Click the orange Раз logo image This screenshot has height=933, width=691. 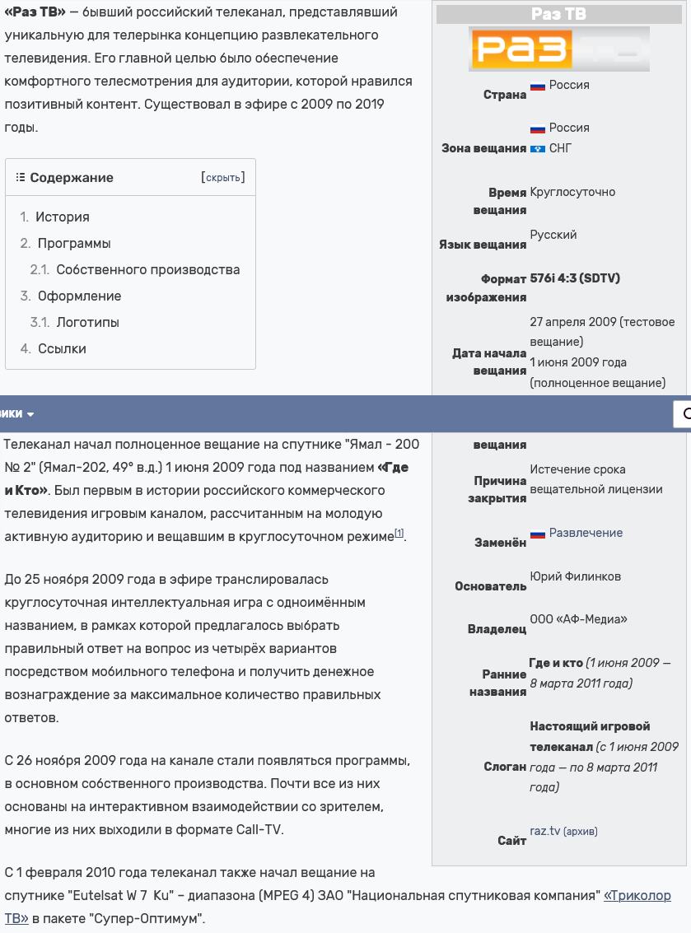coord(559,49)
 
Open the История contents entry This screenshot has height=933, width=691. coord(63,217)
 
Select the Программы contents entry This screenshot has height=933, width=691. coord(74,244)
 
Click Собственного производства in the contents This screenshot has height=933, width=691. coord(148,270)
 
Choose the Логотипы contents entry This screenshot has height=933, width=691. coord(88,323)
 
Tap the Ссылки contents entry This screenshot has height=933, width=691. coord(62,349)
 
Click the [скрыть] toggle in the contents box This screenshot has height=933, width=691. coord(222,178)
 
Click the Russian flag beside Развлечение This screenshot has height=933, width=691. coord(538,534)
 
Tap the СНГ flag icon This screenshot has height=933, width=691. coord(538,148)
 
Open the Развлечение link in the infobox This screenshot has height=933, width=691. coord(586,533)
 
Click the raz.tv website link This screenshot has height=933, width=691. coord(545,831)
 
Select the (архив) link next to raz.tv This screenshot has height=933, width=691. coord(581,832)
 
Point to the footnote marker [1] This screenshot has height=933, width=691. coord(399,534)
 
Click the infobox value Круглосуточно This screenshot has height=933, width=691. coord(572,192)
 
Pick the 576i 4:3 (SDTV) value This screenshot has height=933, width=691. coord(575,278)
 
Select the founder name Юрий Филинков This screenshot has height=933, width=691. coord(576,576)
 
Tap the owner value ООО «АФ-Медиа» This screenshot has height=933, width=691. coord(578,619)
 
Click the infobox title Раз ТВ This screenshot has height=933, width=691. coord(558,14)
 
